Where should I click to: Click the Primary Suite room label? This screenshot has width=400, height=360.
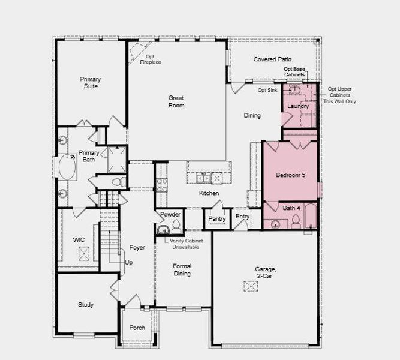[x=91, y=83]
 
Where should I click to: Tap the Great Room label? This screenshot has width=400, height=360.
[x=176, y=101]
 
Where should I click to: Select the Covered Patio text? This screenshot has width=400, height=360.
[x=272, y=59]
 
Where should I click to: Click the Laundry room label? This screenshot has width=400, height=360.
[x=298, y=106]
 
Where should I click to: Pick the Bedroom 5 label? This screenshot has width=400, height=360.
[x=290, y=175]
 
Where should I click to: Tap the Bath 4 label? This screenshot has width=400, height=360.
[x=291, y=208]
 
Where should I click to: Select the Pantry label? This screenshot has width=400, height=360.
[x=216, y=219]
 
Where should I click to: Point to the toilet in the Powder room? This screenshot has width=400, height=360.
[x=176, y=227]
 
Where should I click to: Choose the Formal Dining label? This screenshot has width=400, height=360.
[x=182, y=269]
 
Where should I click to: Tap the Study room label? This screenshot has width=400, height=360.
[x=86, y=305]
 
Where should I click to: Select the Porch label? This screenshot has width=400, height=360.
[x=137, y=328]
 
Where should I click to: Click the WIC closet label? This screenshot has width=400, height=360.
[x=79, y=239]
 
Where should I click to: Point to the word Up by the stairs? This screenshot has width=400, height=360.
[x=129, y=263]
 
